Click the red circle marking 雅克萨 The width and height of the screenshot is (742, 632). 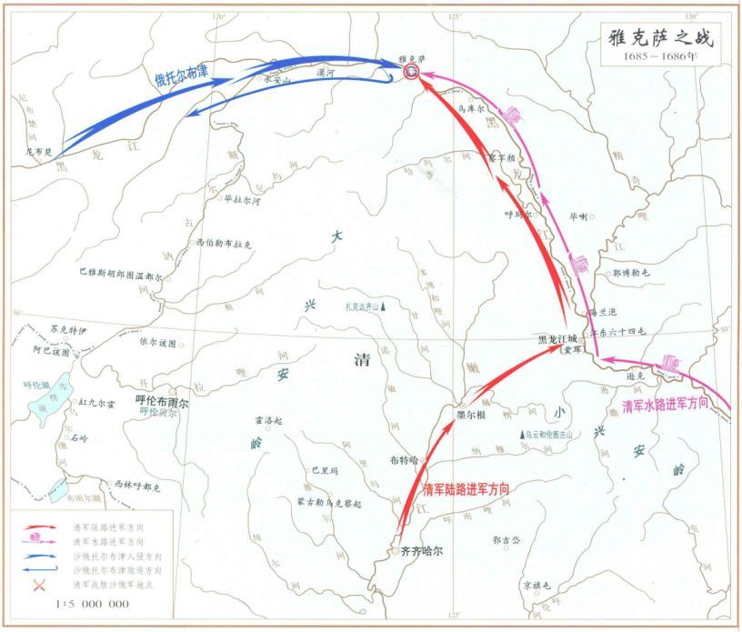point(412,72)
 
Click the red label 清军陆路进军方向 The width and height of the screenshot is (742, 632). point(465,488)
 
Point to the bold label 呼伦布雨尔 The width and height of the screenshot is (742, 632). point(162,400)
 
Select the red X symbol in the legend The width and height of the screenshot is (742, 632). point(39,585)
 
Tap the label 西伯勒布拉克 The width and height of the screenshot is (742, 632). point(224,245)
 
